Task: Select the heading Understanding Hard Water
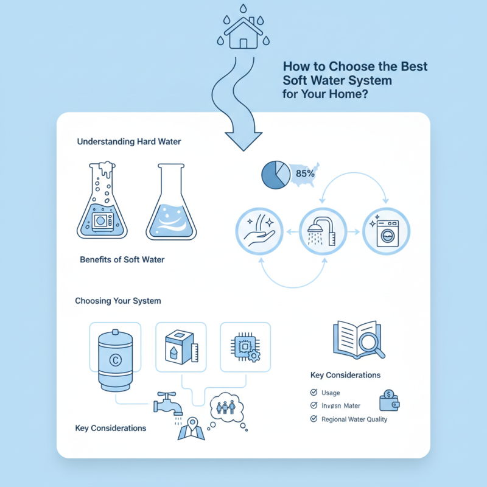129,141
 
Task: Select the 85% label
305,173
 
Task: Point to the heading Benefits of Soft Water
122,259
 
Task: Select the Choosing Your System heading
118,301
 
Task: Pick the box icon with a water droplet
179,346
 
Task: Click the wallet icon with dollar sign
389,401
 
